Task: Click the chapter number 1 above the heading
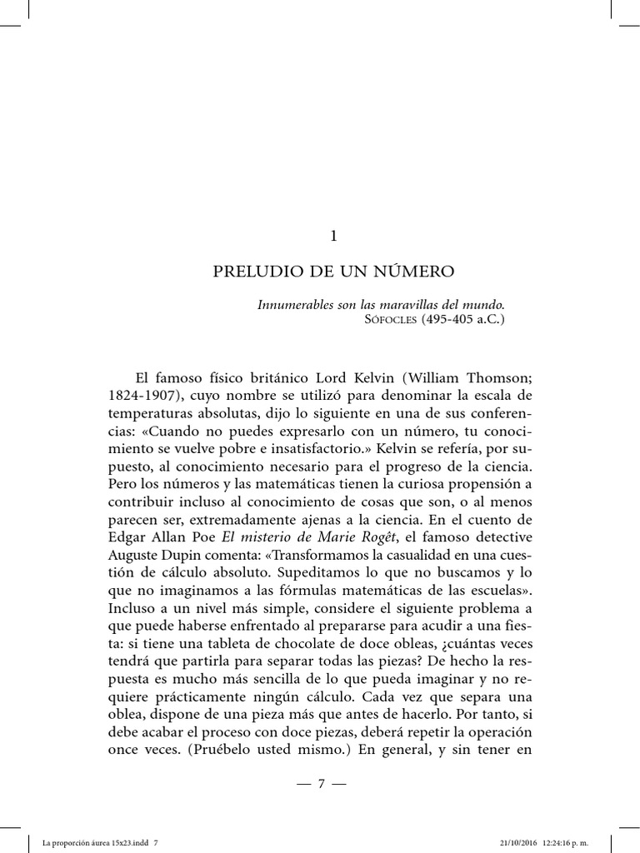point(333,237)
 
